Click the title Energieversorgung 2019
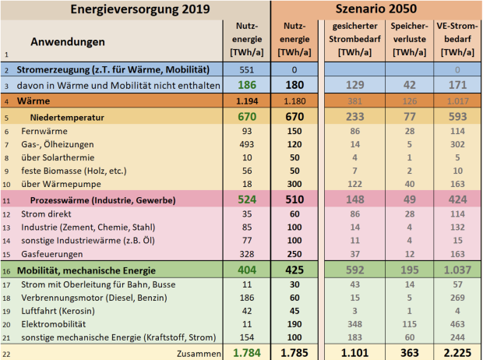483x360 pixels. (135, 9)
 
